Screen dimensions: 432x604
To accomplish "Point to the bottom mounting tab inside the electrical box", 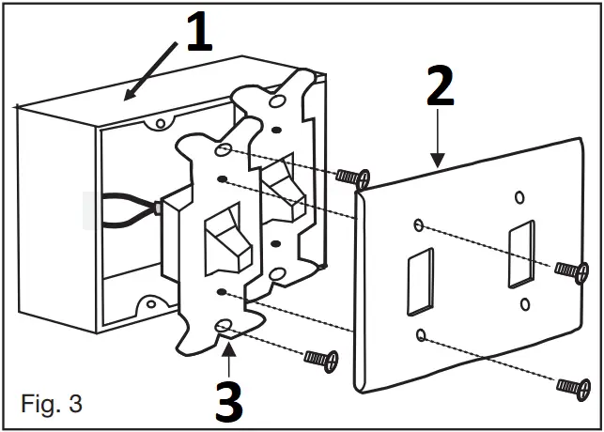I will (x=148, y=304).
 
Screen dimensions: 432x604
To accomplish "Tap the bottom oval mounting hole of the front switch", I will (x=225, y=326).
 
